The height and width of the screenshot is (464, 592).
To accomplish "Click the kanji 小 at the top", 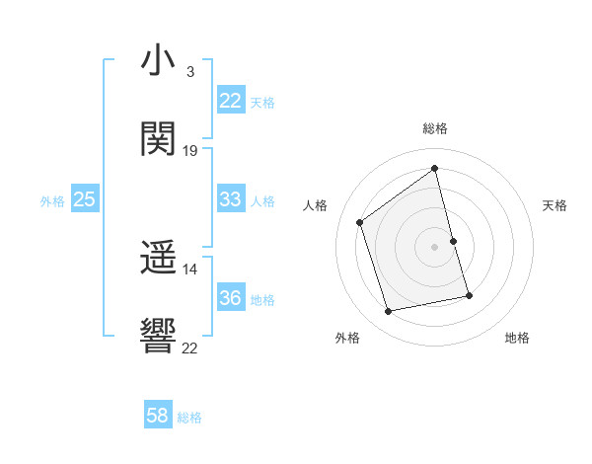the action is (x=158, y=61).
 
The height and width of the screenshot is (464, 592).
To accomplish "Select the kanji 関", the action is (x=158, y=139).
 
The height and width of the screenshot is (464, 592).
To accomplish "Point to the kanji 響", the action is (x=158, y=337).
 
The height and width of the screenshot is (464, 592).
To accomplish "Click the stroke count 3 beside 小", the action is (x=189, y=72).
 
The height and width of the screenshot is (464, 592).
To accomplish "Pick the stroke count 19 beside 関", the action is (x=190, y=151).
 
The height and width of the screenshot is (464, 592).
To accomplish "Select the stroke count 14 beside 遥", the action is (x=190, y=270).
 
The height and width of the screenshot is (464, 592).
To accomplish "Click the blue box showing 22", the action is (x=230, y=101).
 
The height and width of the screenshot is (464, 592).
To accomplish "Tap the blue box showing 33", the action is (x=230, y=199).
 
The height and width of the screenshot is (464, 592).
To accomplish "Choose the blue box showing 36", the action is (x=230, y=298).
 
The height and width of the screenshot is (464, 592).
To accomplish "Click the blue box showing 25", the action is (x=84, y=199).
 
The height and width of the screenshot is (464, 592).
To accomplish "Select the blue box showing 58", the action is (x=157, y=416).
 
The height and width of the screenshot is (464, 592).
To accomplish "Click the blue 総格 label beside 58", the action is (x=189, y=418).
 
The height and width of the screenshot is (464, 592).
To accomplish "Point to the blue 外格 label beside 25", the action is (x=52, y=201).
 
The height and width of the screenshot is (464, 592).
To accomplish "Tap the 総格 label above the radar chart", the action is (x=435, y=128).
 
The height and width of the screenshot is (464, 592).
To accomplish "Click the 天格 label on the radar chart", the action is (x=555, y=205).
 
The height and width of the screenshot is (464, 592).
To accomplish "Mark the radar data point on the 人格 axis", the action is (x=360, y=223).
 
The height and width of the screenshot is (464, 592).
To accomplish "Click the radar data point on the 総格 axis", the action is (x=435, y=169).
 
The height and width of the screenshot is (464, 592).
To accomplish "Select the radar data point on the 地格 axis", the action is (x=469, y=295).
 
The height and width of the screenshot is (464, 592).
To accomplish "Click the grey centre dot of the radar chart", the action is (x=435, y=247).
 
